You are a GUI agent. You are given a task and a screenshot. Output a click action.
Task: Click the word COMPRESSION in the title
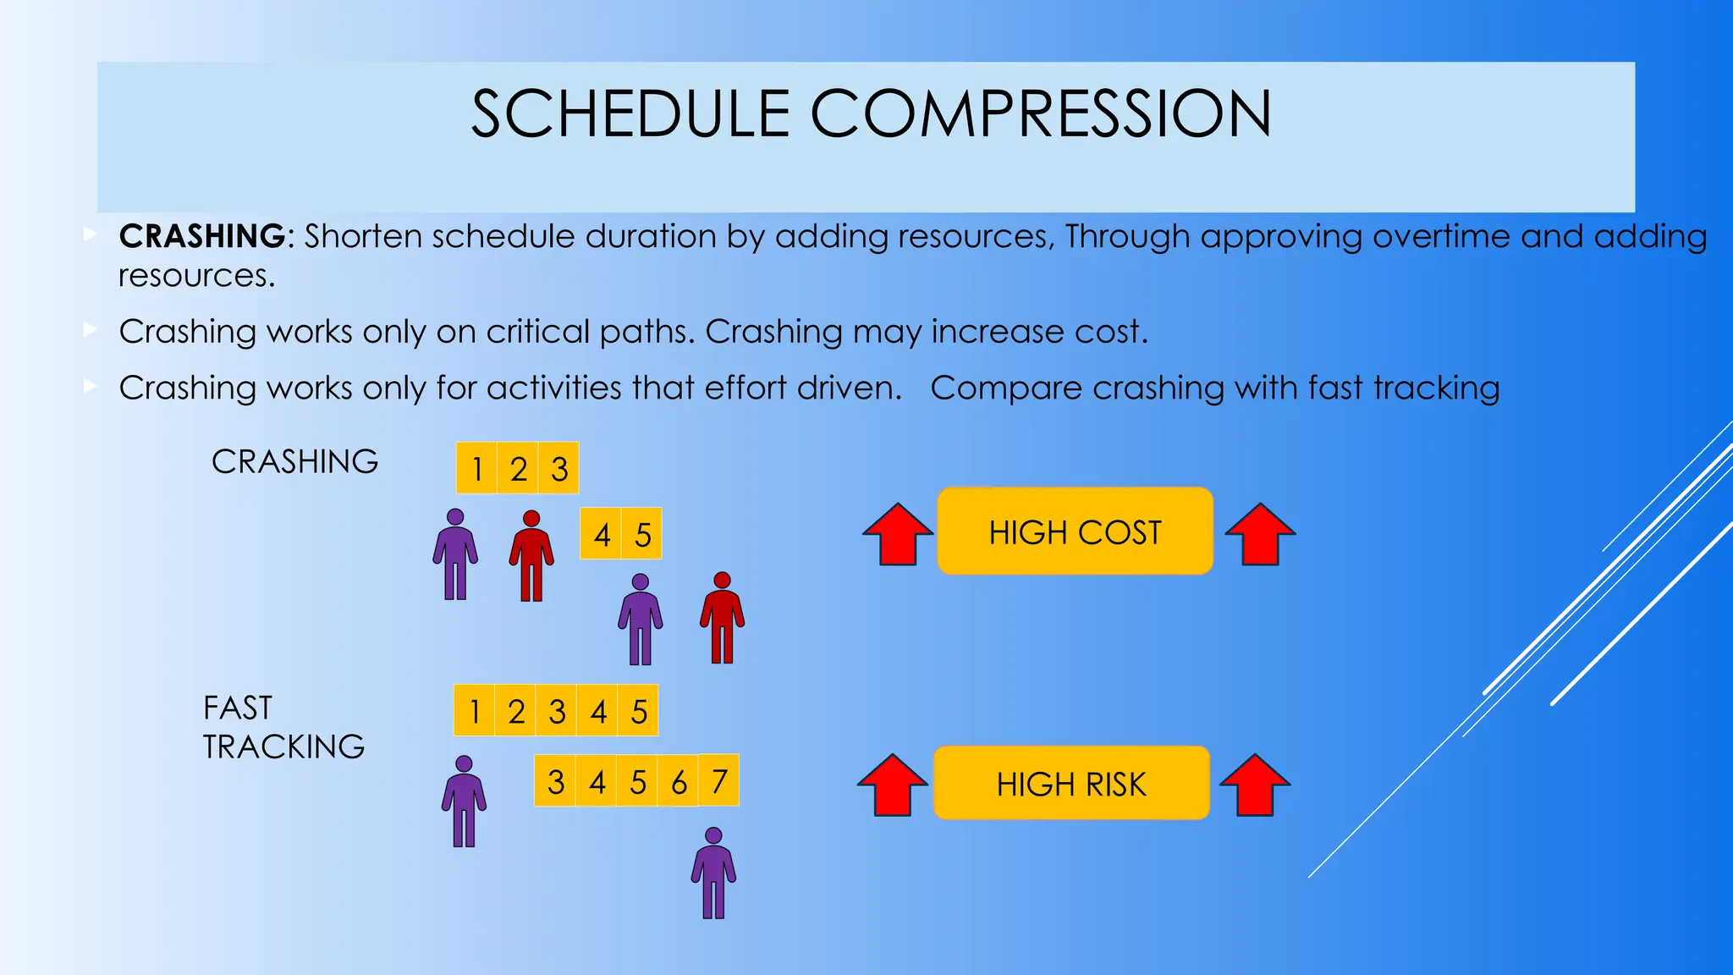(1041, 114)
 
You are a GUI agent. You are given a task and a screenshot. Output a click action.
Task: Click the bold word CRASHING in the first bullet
(202, 236)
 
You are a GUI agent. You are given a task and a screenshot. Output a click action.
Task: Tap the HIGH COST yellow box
(1075, 532)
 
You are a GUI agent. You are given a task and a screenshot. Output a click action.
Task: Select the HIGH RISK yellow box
(1071, 783)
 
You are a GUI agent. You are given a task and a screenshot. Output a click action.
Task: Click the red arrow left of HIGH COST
(898, 534)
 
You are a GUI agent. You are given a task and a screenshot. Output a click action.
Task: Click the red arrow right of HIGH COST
(1260, 534)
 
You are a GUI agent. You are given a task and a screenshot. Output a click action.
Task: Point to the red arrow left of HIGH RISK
(893, 785)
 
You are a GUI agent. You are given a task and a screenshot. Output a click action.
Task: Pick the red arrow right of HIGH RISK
(1255, 785)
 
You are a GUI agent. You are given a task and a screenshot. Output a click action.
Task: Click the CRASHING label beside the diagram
(294, 462)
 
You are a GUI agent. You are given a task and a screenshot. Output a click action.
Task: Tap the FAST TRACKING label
(283, 727)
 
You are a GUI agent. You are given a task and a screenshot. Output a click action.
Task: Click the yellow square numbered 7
(719, 780)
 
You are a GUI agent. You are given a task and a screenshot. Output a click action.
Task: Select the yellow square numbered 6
(679, 781)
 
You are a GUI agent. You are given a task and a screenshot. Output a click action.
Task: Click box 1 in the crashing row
(477, 468)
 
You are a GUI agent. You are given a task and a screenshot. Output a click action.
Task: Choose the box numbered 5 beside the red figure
(642, 534)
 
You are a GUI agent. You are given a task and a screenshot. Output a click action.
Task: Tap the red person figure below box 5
(722, 619)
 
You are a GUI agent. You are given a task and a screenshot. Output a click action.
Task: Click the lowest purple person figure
(713, 873)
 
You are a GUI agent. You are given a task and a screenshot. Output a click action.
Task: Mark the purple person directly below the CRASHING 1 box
(455, 555)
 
